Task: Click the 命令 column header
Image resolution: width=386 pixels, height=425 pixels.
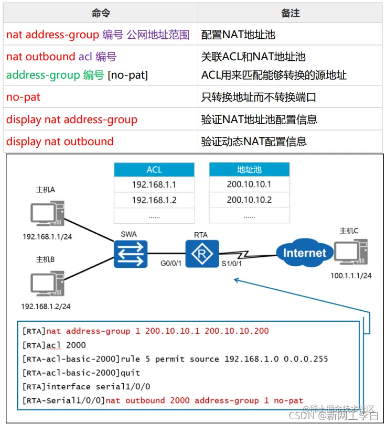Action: tap(101, 13)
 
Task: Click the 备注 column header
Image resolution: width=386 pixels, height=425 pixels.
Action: tap(290, 13)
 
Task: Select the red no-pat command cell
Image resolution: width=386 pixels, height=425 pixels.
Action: tap(24, 97)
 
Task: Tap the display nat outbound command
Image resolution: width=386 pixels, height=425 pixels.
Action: tap(60, 141)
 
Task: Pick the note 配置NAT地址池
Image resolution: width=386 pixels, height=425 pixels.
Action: tap(238, 35)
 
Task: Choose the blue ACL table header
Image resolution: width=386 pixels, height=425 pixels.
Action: tap(154, 170)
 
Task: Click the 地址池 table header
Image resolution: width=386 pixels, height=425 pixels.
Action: tap(249, 170)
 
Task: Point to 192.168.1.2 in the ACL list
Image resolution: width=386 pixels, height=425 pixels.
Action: tap(154, 200)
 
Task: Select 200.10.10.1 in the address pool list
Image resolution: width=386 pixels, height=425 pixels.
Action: tap(249, 184)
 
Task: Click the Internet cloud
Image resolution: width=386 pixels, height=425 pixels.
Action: tap(304, 253)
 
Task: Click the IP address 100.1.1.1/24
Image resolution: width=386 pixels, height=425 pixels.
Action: tap(351, 275)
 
